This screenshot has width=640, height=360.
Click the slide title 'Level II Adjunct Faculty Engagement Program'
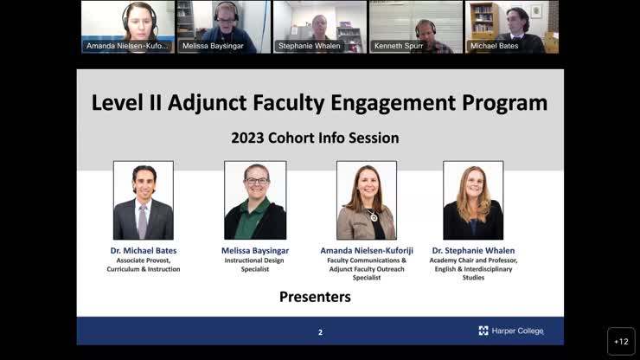[319, 103]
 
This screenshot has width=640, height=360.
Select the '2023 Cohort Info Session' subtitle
[315, 138]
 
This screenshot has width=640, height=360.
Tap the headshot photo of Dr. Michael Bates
[144, 200]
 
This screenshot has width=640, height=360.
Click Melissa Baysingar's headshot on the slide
[255, 200]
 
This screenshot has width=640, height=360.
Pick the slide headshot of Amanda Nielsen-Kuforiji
[367, 200]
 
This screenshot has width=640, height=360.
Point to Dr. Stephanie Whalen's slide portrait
[473, 200]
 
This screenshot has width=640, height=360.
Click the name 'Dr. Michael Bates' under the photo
[143, 251]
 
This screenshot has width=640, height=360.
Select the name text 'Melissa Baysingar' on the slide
[255, 251]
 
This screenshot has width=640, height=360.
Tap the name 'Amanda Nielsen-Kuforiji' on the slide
[367, 251]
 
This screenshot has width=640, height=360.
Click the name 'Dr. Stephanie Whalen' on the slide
[473, 251]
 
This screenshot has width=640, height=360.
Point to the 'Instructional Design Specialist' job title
[255, 265]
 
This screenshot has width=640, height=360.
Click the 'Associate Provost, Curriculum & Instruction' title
[144, 265]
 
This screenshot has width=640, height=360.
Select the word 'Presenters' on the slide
[315, 297]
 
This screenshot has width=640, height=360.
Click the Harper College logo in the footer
[511, 331]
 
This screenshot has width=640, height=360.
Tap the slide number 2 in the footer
[320, 331]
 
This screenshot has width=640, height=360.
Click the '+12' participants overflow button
[621, 341]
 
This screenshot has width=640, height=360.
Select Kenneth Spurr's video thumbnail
[415, 26]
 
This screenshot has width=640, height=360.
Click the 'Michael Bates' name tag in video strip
[495, 46]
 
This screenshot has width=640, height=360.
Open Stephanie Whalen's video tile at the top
[319, 26]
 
